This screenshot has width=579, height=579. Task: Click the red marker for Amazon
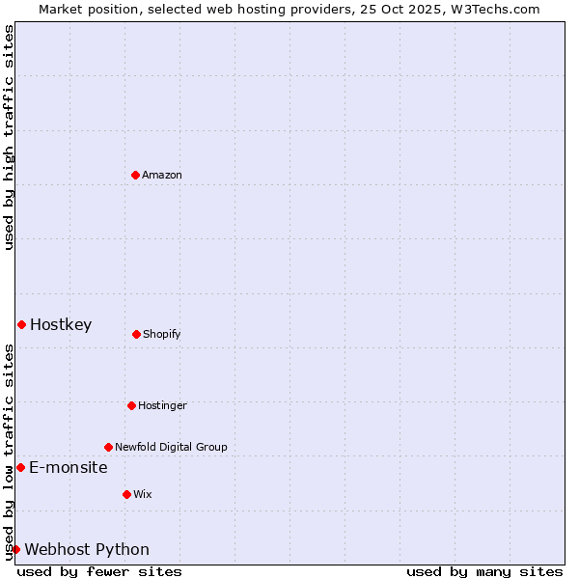pyautogui.click(x=136, y=175)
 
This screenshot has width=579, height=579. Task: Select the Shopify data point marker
pyautogui.click(x=136, y=334)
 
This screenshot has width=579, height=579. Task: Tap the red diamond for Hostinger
pyautogui.click(x=131, y=405)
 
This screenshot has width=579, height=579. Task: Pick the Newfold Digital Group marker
pyautogui.click(x=108, y=447)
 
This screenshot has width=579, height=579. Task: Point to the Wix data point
pyautogui.click(x=126, y=494)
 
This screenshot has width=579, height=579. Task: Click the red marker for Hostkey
pyautogui.click(x=21, y=324)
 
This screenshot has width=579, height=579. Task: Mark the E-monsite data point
pyautogui.click(x=20, y=467)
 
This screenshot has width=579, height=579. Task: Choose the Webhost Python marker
pyautogui.click(x=15, y=549)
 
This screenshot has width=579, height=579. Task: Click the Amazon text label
pyautogui.click(x=162, y=175)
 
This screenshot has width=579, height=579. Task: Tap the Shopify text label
pyautogui.click(x=162, y=334)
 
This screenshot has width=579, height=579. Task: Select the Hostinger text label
pyautogui.click(x=162, y=405)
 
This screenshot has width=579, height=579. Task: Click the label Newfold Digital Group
pyautogui.click(x=171, y=447)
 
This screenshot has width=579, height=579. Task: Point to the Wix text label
pyautogui.click(x=143, y=494)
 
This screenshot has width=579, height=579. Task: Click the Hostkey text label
pyautogui.click(x=61, y=324)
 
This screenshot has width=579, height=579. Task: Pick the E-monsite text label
pyautogui.click(x=69, y=467)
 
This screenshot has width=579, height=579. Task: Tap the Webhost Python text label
pyautogui.click(x=87, y=549)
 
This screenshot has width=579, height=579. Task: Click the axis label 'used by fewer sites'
pyautogui.click(x=99, y=571)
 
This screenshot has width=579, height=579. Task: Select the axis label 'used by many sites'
pyautogui.click(x=484, y=571)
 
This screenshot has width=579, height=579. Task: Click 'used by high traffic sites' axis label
pyautogui.click(x=9, y=137)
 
